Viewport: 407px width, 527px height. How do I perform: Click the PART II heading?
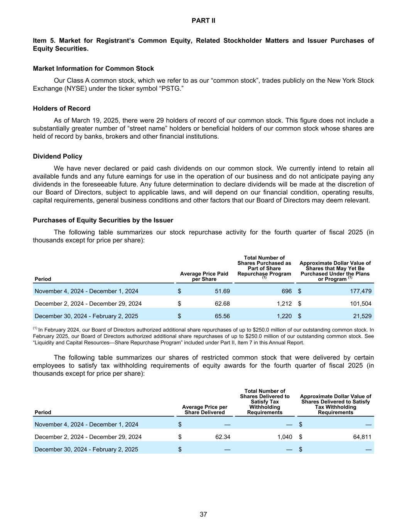pyautogui.click(x=203, y=21)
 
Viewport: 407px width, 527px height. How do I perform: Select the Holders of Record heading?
pyautogui.click(x=62, y=108)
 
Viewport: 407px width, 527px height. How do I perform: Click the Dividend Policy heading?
pyautogui.click(x=57, y=156)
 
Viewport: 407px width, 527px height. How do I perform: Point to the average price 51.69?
pyautogui.click(x=222, y=291)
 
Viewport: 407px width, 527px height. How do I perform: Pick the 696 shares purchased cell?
pyautogui.click(x=286, y=291)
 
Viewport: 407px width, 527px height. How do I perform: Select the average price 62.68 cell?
pyautogui.click(x=222, y=303)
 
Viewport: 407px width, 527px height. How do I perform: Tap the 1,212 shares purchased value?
pyautogui.click(x=284, y=303)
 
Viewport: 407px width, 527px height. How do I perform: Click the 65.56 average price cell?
pyautogui.click(x=222, y=316)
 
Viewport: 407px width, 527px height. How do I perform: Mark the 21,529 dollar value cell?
pyautogui.click(x=362, y=316)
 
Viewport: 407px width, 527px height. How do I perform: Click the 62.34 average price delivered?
pyautogui.click(x=223, y=437)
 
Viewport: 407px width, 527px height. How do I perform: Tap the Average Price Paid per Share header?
pyautogui.click(x=204, y=276)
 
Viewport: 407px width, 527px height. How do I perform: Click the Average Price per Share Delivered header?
pyautogui.click(x=204, y=410)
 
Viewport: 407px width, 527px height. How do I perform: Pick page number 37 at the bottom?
pyautogui.click(x=203, y=514)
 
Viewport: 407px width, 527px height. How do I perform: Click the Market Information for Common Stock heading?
pyautogui.click(x=93, y=69)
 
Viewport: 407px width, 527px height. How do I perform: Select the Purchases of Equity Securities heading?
pyautogui.click(x=103, y=220)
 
